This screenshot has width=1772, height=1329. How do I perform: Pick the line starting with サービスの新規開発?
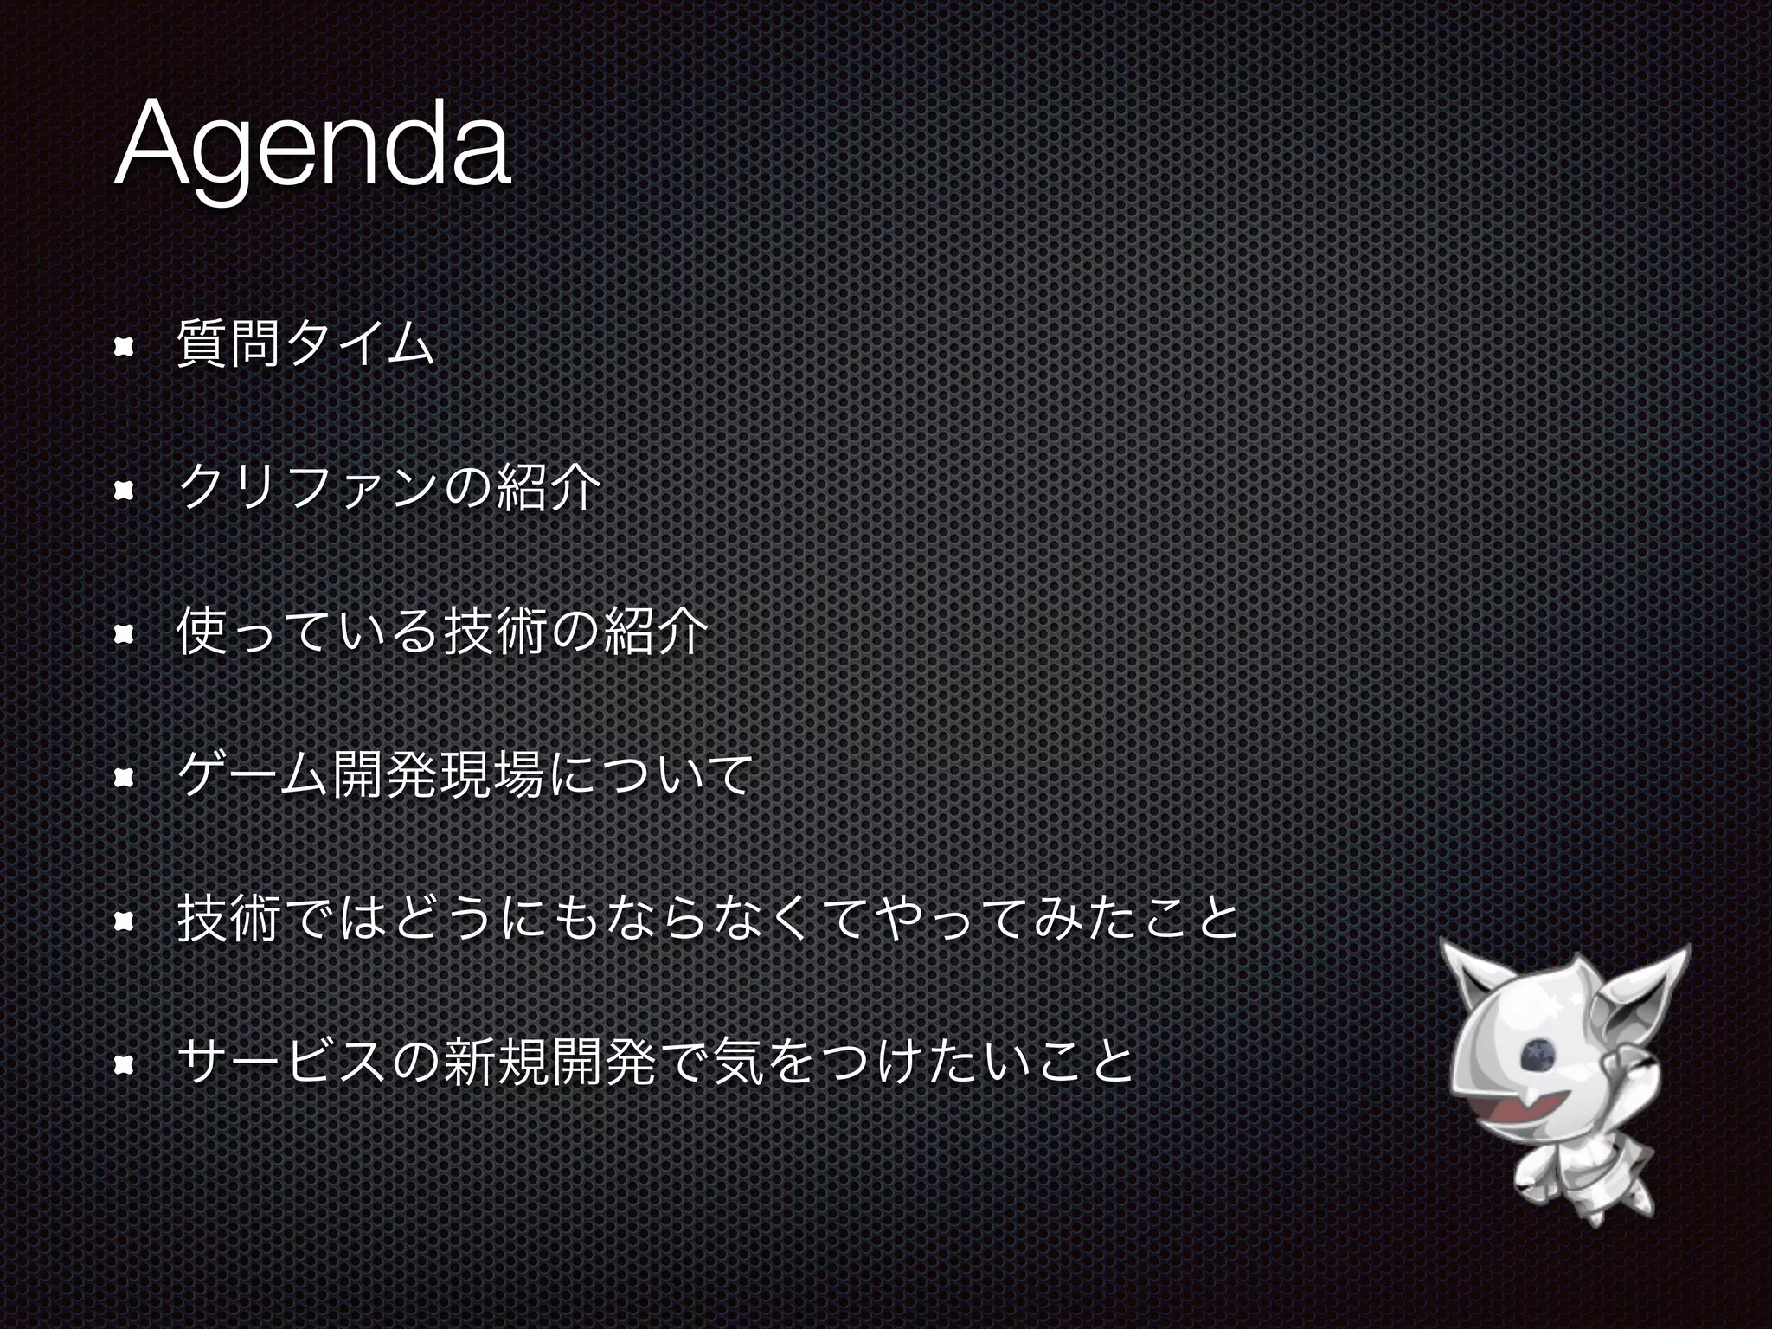click(654, 1063)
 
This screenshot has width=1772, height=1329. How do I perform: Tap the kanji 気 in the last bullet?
click(736, 1063)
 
